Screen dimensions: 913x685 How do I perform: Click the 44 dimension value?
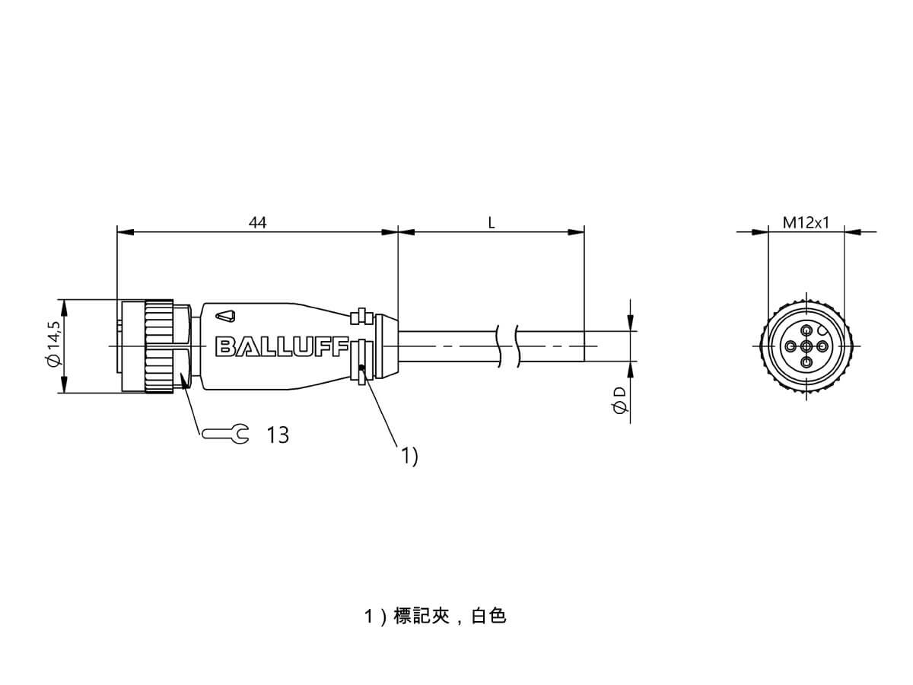(x=257, y=222)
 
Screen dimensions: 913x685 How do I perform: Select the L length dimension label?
(x=491, y=223)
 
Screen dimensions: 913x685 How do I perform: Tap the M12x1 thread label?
(x=806, y=223)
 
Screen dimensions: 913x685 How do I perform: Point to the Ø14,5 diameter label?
(x=54, y=344)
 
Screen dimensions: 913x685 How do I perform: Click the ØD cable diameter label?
(x=620, y=400)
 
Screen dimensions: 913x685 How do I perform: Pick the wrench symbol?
(x=225, y=434)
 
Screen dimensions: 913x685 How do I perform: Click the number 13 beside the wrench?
(x=278, y=435)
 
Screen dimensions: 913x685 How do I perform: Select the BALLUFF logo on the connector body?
(x=282, y=347)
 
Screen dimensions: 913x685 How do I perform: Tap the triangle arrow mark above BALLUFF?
(x=225, y=316)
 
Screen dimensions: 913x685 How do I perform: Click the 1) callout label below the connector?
(x=409, y=456)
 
